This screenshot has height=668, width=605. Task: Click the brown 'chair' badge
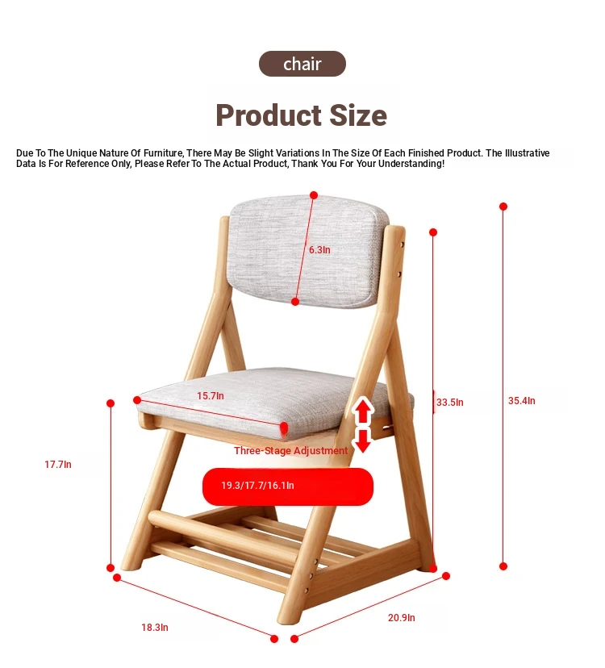tap(302, 64)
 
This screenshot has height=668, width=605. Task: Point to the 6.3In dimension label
tap(319, 250)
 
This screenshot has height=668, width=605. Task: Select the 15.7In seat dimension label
tap(210, 396)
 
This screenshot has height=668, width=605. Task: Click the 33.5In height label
tap(449, 402)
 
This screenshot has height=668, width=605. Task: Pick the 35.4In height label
tap(521, 400)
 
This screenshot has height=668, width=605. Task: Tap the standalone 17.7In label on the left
tap(58, 465)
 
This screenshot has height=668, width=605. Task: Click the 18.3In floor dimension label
tap(155, 628)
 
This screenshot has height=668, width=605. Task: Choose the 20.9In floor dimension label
tap(402, 618)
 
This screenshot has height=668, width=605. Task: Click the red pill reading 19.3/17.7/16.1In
tap(288, 486)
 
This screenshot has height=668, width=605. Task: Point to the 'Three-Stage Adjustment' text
tap(290, 451)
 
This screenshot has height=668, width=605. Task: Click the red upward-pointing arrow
tap(363, 411)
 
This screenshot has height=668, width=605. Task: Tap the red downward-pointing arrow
tap(363, 440)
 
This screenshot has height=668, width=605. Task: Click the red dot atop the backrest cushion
tap(314, 195)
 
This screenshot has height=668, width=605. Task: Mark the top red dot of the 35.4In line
tap(503, 207)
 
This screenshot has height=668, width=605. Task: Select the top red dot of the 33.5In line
tap(433, 232)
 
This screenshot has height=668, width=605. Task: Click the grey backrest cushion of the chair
tap(307, 252)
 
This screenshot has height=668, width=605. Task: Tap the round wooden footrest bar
tap(222, 533)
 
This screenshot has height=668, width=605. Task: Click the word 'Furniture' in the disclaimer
tap(163, 153)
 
